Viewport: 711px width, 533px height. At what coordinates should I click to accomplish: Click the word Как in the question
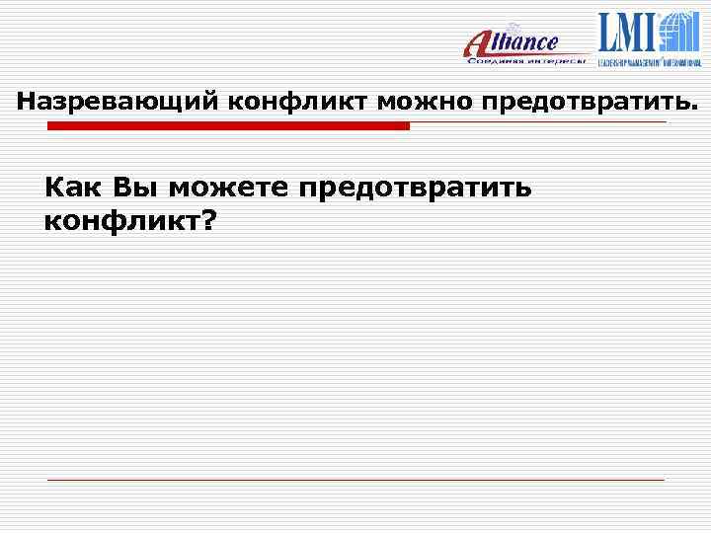tap(74, 187)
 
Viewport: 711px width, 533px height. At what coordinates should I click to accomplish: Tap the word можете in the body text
tap(227, 187)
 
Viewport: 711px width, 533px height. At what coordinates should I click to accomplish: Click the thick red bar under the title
tap(228, 126)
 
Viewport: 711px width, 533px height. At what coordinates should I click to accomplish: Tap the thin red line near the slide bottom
tap(355, 480)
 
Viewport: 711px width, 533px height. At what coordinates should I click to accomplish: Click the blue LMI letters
tap(628, 33)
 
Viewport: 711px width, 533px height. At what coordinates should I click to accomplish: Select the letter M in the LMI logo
tap(631, 33)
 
